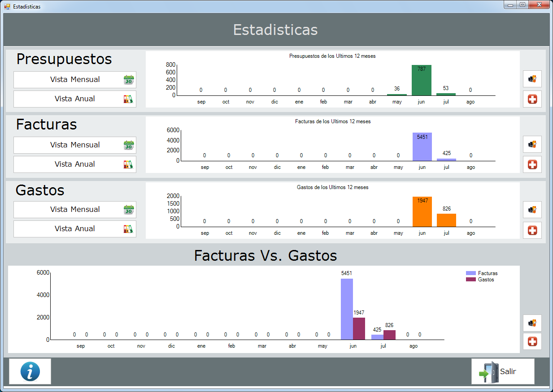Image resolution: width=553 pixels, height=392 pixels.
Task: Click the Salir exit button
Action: [x=503, y=371]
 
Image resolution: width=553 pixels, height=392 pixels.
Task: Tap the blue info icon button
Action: [x=30, y=371]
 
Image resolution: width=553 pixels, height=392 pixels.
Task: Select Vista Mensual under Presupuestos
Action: [x=75, y=80]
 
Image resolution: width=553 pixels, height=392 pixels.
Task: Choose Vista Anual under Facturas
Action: [x=75, y=164]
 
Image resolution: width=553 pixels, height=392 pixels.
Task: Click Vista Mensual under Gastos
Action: [x=75, y=210]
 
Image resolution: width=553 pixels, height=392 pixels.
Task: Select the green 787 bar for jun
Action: [x=422, y=81]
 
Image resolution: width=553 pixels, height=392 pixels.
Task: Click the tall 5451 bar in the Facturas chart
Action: [x=422, y=147]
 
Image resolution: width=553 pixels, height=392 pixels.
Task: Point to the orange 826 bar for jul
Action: [x=446, y=220]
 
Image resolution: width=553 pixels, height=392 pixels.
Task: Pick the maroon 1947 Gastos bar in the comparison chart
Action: [x=359, y=328]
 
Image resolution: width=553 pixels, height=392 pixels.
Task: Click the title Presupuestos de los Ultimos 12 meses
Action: [x=332, y=56]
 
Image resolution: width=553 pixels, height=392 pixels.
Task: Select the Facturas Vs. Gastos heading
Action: [x=266, y=255]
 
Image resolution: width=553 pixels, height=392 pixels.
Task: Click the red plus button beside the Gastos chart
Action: [x=532, y=230]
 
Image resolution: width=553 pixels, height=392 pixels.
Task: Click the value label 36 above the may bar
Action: [x=397, y=89]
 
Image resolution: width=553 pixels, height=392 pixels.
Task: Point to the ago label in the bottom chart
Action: [x=414, y=346]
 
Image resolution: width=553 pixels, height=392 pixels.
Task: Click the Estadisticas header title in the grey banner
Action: [x=275, y=30]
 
